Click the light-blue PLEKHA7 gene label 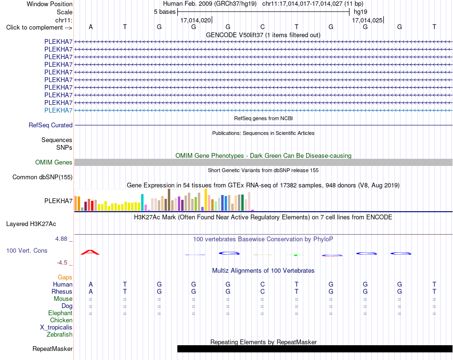point(58,110)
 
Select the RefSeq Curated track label point(51,125)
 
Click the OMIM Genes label point(54,163)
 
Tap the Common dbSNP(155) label point(42,177)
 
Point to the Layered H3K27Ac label point(31,224)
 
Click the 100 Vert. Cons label point(27,250)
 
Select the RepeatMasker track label point(52,349)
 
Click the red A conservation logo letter point(90,252)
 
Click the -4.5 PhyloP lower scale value point(62,263)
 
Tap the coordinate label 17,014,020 point(196,20)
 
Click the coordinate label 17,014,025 point(367,20)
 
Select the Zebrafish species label point(60,335)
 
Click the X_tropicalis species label point(56,328)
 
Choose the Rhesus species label point(62,291)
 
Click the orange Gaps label point(65,278)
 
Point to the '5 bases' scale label point(165,12)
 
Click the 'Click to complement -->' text point(39,28)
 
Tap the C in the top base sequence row point(262,27)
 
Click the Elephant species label point(61,313)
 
